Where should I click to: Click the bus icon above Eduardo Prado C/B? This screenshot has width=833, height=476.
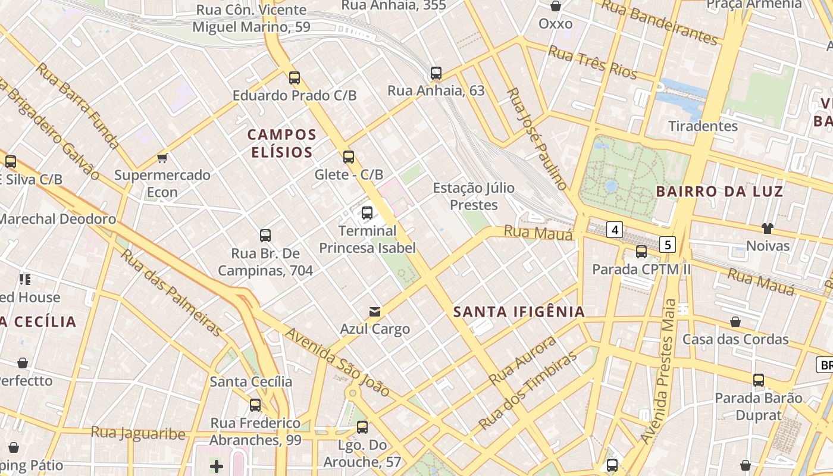coord(294,77)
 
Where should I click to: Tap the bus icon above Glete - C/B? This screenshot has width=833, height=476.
coord(349,157)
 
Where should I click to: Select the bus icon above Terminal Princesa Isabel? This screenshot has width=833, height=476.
coord(367,212)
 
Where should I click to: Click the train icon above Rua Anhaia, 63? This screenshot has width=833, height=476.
coord(436,73)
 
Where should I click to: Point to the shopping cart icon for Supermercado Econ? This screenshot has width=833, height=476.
coord(162,158)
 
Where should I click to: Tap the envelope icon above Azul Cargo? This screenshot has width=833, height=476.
coord(375,311)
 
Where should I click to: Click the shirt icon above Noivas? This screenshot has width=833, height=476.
coord(768,228)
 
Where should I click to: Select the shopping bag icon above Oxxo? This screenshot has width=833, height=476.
coord(555,6)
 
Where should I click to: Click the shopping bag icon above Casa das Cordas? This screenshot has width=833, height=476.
coord(735,322)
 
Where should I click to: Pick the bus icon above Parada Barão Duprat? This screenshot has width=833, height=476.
coord(759,380)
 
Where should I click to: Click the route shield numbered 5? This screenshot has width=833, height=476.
coord(668,245)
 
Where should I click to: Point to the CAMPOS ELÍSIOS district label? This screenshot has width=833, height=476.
coord(282,143)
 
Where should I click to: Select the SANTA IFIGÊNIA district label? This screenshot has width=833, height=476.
coord(519,312)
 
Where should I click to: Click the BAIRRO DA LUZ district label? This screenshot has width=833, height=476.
coord(719,192)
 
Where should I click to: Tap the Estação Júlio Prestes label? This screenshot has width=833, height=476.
coord(474,196)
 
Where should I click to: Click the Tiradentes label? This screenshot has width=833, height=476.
coord(703,126)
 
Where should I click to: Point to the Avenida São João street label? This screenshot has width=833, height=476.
coord(337,362)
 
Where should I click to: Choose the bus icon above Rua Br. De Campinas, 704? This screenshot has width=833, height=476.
coord(265,235)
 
